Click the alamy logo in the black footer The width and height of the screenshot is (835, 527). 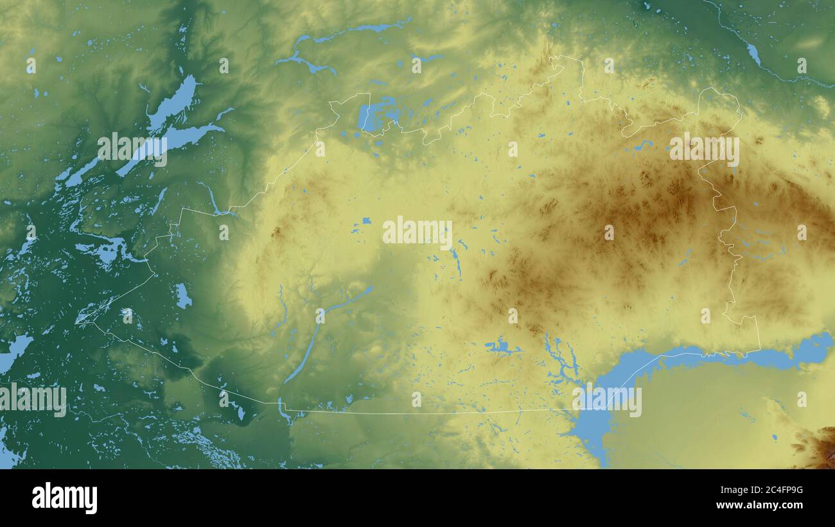(64, 498)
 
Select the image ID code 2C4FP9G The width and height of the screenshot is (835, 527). (771, 490)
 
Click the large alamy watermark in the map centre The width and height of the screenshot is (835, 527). (418, 233)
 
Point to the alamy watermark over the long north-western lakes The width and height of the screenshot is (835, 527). (132, 150)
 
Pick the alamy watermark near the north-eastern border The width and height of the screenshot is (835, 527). (704, 150)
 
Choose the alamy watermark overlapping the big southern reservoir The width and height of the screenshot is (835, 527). (606, 401)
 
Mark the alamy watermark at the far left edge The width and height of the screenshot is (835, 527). (33, 399)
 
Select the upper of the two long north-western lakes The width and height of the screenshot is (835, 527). (172, 103)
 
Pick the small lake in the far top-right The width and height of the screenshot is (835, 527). (753, 55)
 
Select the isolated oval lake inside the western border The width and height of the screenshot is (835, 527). (183, 296)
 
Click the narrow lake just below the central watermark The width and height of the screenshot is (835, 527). (457, 261)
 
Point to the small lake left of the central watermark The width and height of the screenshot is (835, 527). (365, 221)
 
